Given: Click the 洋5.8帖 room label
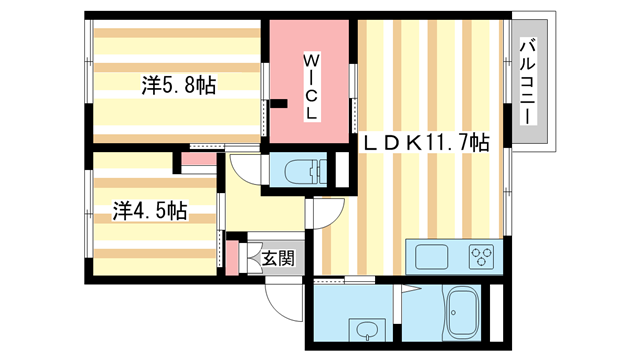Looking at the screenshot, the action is pyautogui.click(x=177, y=87).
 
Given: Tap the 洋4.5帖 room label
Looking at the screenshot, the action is pyautogui.click(x=148, y=211).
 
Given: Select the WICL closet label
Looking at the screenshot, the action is pyautogui.click(x=312, y=87).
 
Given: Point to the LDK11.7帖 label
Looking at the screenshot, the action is pyautogui.click(x=425, y=143).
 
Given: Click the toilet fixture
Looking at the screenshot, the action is pyautogui.click(x=300, y=171).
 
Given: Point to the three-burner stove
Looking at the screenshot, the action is pyautogui.click(x=480, y=256).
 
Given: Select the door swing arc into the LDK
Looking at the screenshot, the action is pyautogui.click(x=328, y=213).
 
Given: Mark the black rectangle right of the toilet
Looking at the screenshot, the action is pyautogui.click(x=341, y=170).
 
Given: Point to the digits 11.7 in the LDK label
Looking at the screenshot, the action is pyautogui.click(x=441, y=143).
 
